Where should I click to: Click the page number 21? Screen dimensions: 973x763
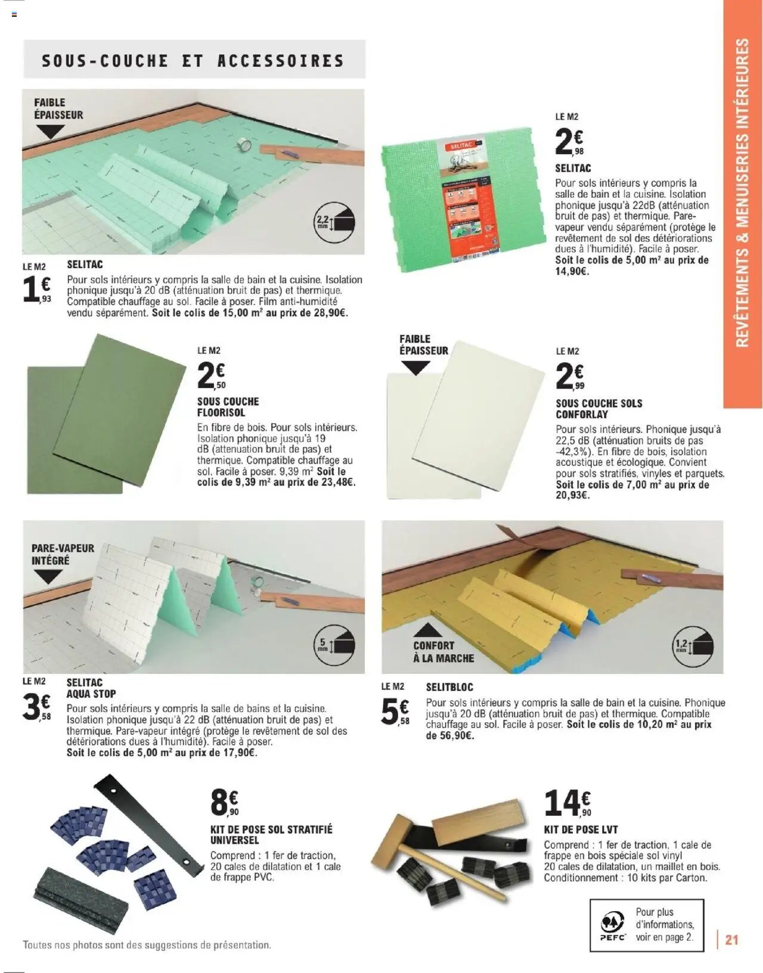point(731,940)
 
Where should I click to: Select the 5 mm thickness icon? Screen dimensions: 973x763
point(334,645)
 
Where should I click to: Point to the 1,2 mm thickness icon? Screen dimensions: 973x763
point(693,645)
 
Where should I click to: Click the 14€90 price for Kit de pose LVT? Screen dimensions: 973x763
point(567,803)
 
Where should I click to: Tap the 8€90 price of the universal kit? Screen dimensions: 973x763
point(224,803)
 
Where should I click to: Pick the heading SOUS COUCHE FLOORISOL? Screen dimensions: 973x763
point(228,407)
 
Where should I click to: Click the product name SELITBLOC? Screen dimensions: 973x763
point(449,687)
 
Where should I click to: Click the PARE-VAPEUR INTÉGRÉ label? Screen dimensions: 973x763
point(63,554)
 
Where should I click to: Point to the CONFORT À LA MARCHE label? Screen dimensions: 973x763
point(443,652)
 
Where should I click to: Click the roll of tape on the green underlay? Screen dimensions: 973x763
point(244,144)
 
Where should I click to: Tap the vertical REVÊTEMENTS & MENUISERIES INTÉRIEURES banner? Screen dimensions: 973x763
point(742,193)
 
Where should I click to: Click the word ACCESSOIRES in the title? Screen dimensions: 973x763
point(280,61)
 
